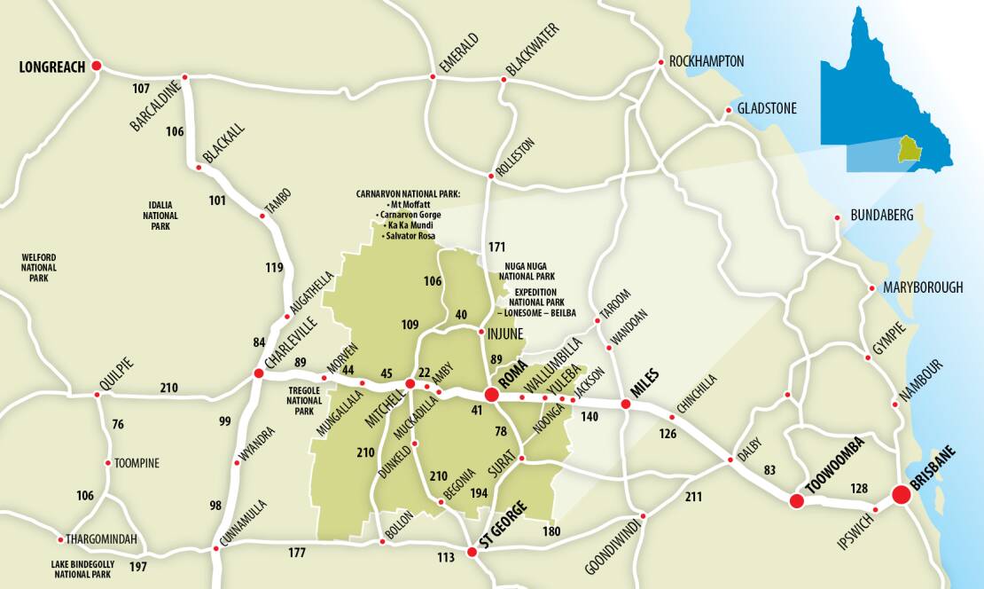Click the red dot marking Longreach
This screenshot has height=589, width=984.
97,65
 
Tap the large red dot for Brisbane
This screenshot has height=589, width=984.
902,494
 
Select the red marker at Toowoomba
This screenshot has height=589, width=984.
796,501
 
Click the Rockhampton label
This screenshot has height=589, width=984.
707,61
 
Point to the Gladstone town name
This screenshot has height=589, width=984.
767,109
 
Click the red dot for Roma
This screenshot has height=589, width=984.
491,395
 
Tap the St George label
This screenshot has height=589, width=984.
503,523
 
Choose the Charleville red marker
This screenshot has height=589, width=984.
259,373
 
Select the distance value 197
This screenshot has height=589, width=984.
138,566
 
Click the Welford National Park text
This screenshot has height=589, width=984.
39,267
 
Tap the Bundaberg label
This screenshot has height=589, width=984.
881,216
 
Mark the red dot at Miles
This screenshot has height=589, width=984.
625,404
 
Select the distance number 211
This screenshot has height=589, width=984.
693,496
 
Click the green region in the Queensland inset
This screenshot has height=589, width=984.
910,148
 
